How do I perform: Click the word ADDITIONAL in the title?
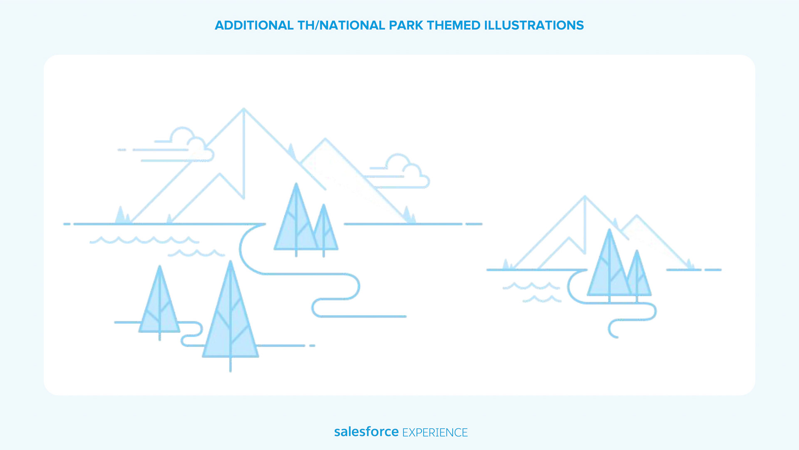tap(254, 25)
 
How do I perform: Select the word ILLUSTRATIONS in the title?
tap(534, 25)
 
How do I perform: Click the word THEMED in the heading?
tap(454, 25)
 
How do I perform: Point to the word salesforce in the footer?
tap(366, 432)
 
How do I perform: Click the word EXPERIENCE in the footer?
tap(435, 432)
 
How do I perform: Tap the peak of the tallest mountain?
tap(243, 109)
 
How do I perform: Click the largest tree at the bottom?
tap(231, 317)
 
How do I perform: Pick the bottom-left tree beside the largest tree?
tap(159, 302)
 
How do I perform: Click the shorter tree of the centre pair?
tap(324, 229)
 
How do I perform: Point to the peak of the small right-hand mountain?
tap(585, 196)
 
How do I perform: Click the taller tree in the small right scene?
tap(609, 265)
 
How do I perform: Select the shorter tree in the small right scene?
tap(637, 275)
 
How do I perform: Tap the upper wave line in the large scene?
tap(144, 240)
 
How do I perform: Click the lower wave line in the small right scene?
tap(542, 299)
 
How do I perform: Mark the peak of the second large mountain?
tap(325, 139)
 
